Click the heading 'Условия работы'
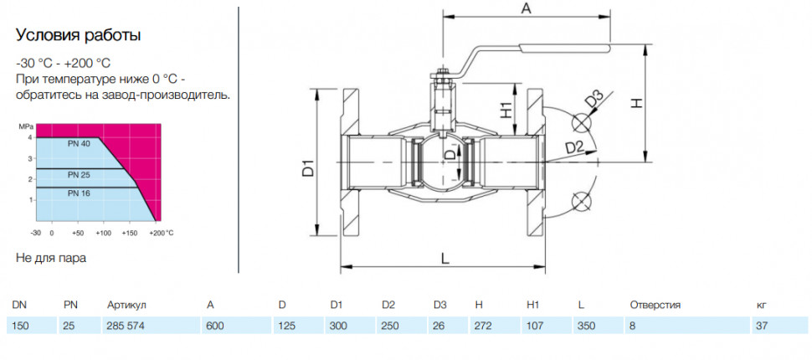point(78,36)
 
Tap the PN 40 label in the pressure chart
point(79,144)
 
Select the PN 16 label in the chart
point(79,193)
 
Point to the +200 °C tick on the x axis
point(162,233)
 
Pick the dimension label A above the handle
point(527,8)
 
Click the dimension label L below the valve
point(445,259)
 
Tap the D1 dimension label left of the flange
point(309,169)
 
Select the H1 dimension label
point(507,110)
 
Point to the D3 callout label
point(595,100)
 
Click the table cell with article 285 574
point(124,327)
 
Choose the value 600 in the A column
point(215,327)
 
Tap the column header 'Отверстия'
point(655,305)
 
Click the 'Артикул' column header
point(127,305)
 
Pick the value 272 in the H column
point(483,327)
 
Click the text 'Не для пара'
point(51,259)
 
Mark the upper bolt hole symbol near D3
point(581,123)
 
